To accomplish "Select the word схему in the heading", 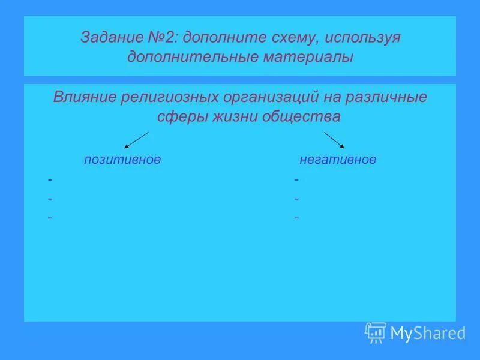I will (292, 38).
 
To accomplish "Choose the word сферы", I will (178, 116).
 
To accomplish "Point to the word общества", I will (301, 116).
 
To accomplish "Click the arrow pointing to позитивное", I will (136, 140).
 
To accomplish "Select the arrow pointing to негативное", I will (334, 140).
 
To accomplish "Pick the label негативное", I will (338, 160).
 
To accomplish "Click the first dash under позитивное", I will (50, 179).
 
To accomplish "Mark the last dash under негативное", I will (296, 217).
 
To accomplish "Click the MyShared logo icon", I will (375, 332).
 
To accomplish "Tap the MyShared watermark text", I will (427, 333).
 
